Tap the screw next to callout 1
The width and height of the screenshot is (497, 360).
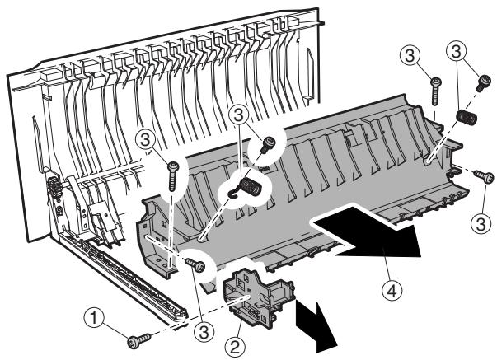(x=135, y=337)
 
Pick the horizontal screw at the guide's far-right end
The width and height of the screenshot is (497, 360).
(x=485, y=175)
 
